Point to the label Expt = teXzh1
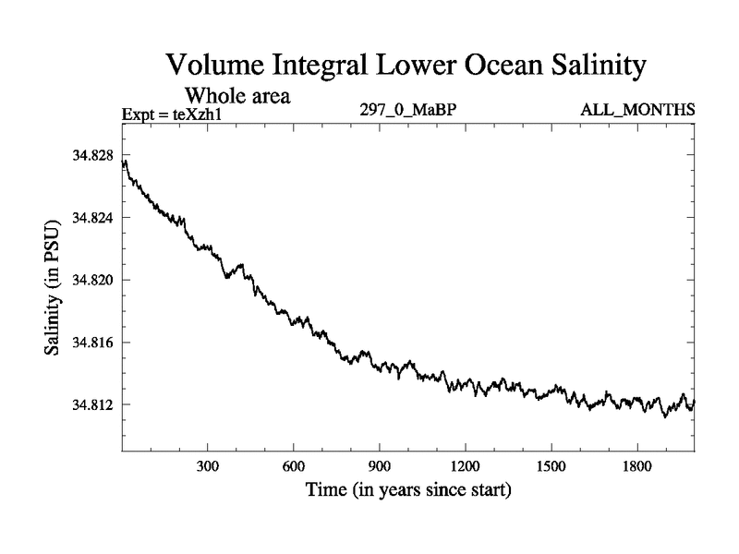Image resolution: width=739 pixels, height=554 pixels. pos(176,114)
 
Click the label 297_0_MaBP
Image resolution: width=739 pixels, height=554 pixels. pos(408,110)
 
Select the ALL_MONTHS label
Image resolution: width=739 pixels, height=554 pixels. pos(637,110)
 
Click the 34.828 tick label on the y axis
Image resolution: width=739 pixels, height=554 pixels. pos(92,155)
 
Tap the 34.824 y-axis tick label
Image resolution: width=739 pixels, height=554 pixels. pos(92,218)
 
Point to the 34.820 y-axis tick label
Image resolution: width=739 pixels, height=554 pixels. pos(92,280)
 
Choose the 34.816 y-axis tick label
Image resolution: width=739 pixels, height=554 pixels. pos(92,343)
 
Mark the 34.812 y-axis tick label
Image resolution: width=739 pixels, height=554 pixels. pos(92,405)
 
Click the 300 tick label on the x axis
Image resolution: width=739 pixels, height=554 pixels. pos(207,465)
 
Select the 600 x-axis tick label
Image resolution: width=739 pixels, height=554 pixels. pos(293,465)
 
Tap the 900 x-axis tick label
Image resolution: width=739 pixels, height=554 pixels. pos(379,465)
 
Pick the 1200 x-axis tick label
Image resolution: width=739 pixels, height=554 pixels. pos(465,465)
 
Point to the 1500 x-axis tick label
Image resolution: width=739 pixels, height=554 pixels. pos(551,465)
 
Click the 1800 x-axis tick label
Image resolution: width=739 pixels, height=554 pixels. pos(636,465)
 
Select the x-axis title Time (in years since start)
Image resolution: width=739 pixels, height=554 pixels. pos(408,490)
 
